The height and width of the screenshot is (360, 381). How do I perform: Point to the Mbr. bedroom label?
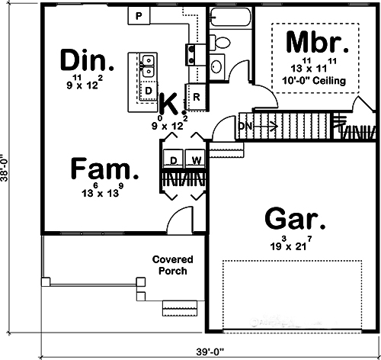coord(319,40)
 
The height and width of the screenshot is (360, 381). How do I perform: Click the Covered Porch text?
coord(172,265)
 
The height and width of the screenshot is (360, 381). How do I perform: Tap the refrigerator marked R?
coord(196,97)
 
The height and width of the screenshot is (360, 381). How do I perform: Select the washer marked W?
coord(195,160)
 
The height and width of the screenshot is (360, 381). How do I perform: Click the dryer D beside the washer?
coord(174,160)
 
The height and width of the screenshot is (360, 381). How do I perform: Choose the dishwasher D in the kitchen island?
coord(149,90)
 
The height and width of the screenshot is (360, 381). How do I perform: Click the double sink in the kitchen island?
coord(149,66)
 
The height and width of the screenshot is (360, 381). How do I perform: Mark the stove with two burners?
coord(192,52)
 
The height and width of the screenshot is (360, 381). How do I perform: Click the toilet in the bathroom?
coord(220,41)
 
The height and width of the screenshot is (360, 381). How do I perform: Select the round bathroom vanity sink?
coord(216,67)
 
